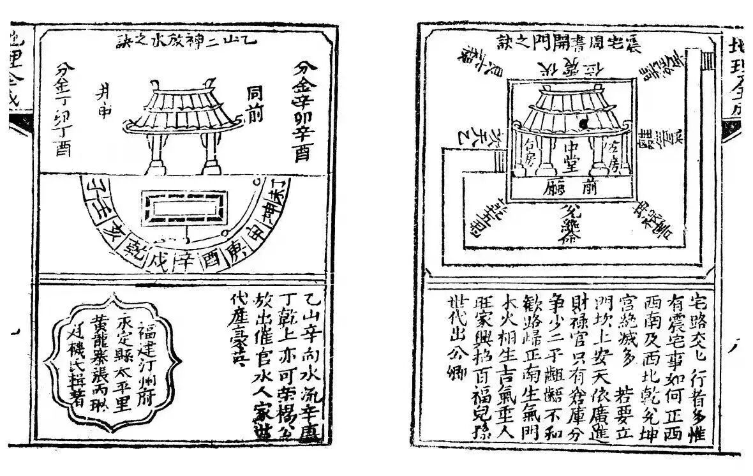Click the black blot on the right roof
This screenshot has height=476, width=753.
click(x=582, y=121)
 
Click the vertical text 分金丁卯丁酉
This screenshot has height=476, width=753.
click(x=64, y=108)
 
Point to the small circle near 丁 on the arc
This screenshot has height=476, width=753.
click(x=256, y=184)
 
